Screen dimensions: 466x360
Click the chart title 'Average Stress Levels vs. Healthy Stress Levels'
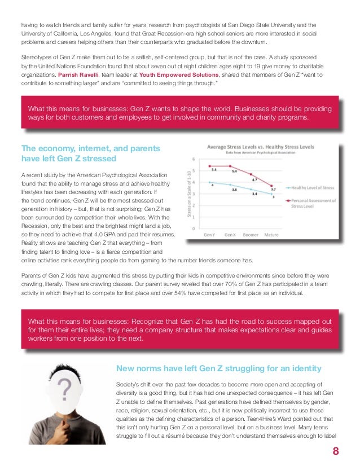tap(260, 147)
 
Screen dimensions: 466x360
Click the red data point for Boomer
tap(251, 174)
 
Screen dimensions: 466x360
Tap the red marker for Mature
tap(273, 186)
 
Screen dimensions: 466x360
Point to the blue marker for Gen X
tap(230, 184)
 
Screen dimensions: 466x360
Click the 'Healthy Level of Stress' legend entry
tap(313, 187)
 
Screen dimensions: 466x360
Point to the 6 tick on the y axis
tap(194, 159)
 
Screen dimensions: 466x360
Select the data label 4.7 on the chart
tap(254, 179)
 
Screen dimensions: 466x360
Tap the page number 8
tap(335, 450)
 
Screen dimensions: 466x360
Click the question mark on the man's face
tap(65, 388)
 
